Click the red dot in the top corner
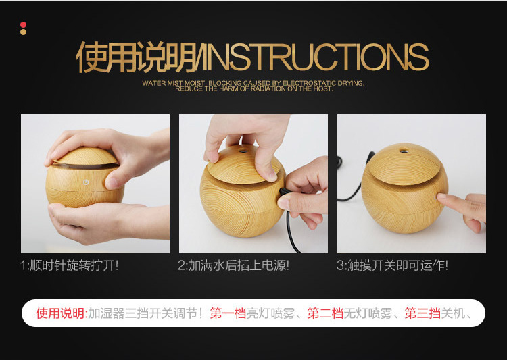click(23, 25)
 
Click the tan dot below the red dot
click(23, 32)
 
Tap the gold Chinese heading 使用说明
click(137, 57)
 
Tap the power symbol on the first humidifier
click(86, 182)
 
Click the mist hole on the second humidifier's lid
click(243, 151)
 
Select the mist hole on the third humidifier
click(404, 150)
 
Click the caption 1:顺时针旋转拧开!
click(69, 265)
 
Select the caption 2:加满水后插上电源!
click(233, 265)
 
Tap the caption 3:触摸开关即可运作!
click(392, 265)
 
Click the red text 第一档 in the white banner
click(228, 313)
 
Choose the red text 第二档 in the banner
click(325, 313)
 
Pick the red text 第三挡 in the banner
click(422, 313)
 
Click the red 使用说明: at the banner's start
click(62, 313)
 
